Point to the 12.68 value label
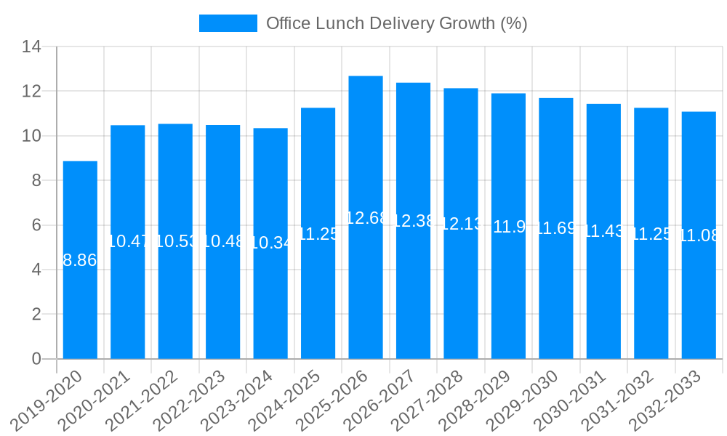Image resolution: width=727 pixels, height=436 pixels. (x=366, y=218)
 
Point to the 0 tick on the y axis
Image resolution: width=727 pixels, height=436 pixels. (x=37, y=359)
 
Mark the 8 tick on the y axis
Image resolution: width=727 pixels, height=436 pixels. (x=37, y=180)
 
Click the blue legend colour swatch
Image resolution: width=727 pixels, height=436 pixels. (x=228, y=23)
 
